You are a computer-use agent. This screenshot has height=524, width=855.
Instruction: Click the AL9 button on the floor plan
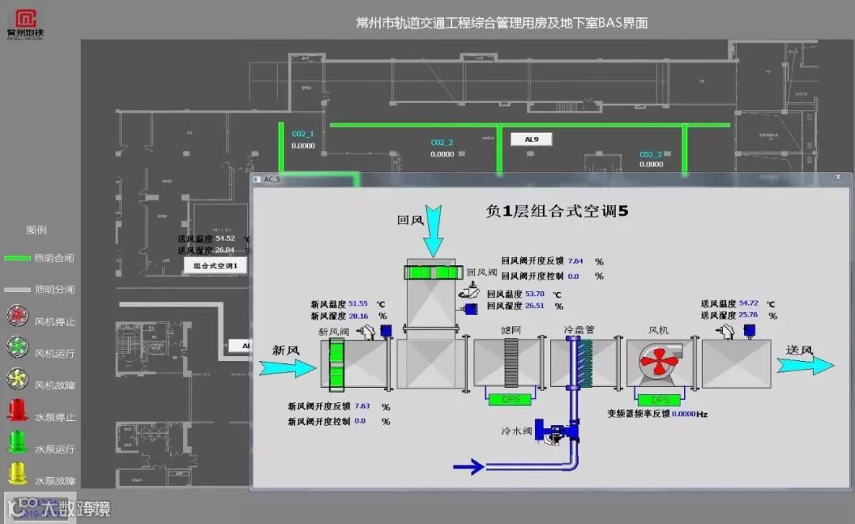tap(531, 139)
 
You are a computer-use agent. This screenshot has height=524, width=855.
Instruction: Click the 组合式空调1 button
tap(215, 266)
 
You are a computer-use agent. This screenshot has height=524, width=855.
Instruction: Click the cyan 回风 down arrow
tap(434, 230)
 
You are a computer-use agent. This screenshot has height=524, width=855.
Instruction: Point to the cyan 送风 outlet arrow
tap(805, 365)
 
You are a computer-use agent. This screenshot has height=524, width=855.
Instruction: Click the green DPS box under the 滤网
tap(511, 400)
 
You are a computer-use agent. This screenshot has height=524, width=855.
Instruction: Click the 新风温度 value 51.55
tap(359, 303)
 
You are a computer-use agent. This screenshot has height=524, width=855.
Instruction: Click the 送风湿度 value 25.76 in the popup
tap(748, 315)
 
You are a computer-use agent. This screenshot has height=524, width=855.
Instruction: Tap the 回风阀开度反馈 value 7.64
tap(576, 260)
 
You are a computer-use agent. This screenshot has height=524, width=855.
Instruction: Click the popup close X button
tap(840, 180)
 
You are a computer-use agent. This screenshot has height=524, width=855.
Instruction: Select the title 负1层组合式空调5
tap(557, 211)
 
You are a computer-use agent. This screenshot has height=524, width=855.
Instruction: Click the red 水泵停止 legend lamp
tap(17, 410)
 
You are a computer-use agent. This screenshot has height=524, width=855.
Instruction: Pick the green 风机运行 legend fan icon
tap(17, 347)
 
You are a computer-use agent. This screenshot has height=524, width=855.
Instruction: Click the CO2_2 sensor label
tap(442, 142)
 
